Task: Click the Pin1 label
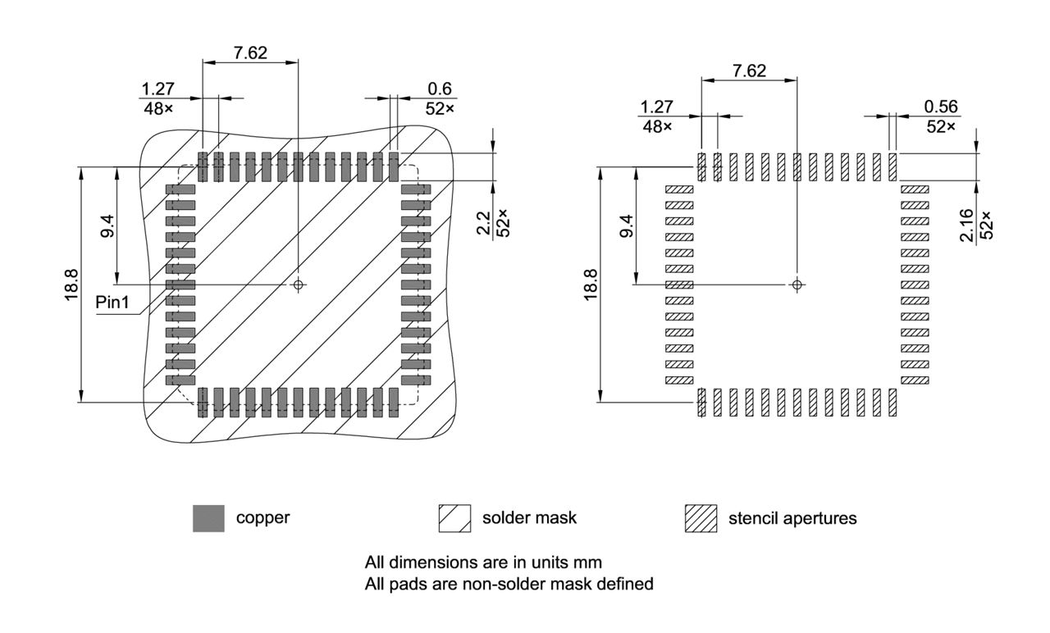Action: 112,302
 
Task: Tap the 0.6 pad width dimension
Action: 439,89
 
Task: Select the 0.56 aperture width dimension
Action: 941,107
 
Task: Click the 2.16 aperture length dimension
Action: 966,224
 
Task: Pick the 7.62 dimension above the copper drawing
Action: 249,53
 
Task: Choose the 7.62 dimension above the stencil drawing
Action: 749,71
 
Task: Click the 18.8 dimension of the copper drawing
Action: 71,285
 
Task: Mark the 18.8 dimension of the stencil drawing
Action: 591,285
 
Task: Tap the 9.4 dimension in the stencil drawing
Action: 626,225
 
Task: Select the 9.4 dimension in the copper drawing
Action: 107,225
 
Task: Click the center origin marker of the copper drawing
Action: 298,285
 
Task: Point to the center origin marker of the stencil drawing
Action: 797,285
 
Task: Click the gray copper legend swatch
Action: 208,518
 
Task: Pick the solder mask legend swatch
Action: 455,518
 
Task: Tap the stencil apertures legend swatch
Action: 701,518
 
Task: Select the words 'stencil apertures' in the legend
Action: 792,518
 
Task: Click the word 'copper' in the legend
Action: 262,518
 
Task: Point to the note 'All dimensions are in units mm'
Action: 483,563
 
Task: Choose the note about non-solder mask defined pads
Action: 509,584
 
